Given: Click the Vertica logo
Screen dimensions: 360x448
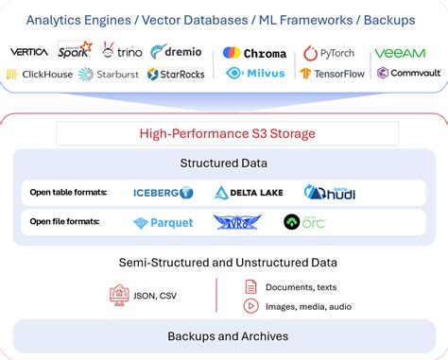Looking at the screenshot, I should pyautogui.click(x=29, y=52).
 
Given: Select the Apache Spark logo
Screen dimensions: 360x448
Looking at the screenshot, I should pyautogui.click(x=75, y=50).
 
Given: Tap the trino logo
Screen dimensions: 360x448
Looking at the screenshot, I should pyautogui.click(x=122, y=52).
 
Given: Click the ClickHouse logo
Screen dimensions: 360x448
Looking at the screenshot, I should pyautogui.click(x=39, y=74).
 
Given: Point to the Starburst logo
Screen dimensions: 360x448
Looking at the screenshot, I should pyautogui.click(x=109, y=74).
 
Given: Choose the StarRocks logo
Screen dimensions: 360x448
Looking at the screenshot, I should pyautogui.click(x=177, y=74).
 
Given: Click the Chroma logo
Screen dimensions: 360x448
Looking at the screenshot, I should pyautogui.click(x=254, y=53).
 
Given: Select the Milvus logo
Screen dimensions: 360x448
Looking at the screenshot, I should pyautogui.click(x=254, y=73).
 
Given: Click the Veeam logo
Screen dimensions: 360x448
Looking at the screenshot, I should pyautogui.click(x=400, y=54).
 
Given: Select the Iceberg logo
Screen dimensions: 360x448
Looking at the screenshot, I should pyautogui.click(x=163, y=193).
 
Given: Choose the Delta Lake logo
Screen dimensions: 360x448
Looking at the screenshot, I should pyautogui.click(x=249, y=193).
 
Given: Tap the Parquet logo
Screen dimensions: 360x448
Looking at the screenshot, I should pyautogui.click(x=163, y=223).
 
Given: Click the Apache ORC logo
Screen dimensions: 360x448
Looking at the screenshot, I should pyautogui.click(x=304, y=222).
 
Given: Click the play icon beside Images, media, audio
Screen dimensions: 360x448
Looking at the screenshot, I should pyautogui.click(x=250, y=305).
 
